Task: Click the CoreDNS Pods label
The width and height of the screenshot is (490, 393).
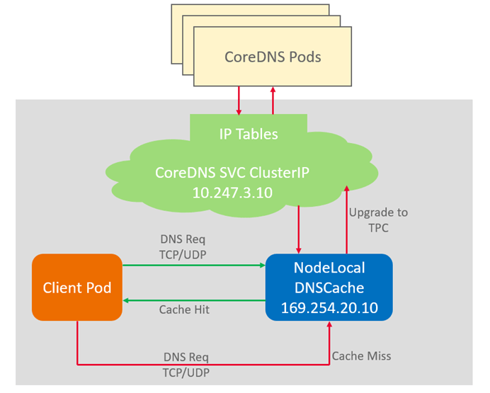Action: click(273, 57)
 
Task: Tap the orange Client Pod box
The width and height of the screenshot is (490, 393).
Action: click(76, 287)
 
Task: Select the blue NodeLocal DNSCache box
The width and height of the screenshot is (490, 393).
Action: click(329, 288)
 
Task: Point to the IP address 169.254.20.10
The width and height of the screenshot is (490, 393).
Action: click(329, 308)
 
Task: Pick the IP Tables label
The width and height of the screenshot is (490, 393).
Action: click(248, 133)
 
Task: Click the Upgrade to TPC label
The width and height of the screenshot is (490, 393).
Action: click(379, 219)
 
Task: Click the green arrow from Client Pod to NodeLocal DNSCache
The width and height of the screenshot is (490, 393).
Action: click(194, 266)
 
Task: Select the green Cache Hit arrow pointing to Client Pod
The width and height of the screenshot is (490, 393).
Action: click(194, 300)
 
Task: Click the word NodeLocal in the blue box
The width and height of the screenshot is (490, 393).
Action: click(329, 268)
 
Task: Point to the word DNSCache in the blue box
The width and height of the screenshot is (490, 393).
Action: click(329, 288)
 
